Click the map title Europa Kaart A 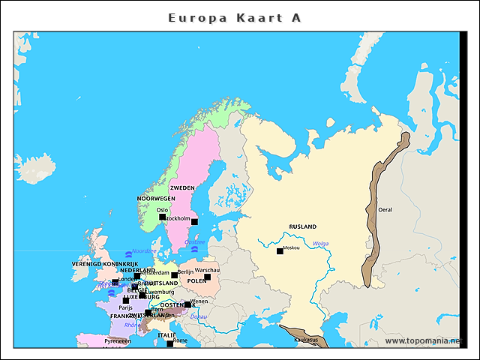(235, 17)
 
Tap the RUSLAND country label (302, 226)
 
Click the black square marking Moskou (280, 251)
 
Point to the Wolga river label (320, 243)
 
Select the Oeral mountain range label (385, 210)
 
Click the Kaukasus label (305, 340)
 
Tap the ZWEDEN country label (182, 187)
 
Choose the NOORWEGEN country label (155, 199)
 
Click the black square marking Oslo (162, 217)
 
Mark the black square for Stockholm (194, 221)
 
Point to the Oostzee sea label (194, 242)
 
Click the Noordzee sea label (144, 251)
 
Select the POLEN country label (196, 281)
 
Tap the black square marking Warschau (208, 277)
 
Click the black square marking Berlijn (175, 275)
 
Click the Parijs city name (125, 307)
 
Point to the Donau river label (199, 317)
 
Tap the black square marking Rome (169, 343)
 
